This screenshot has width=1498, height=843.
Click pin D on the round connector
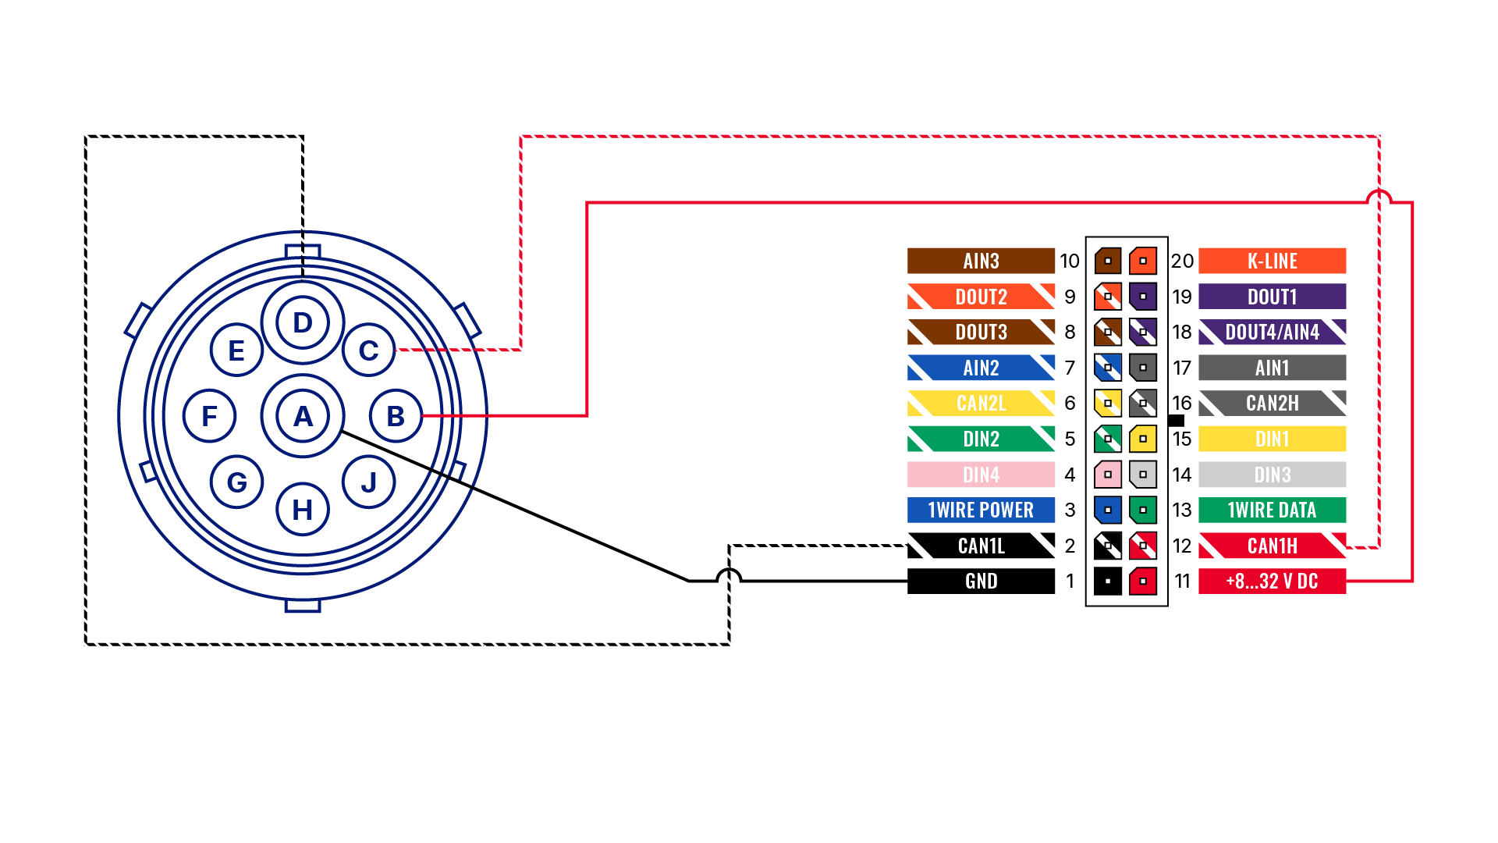pos(303,322)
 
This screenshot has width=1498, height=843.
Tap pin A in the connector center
pos(303,416)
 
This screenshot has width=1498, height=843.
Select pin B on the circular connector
pos(396,416)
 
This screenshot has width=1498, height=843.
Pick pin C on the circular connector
pos(368,350)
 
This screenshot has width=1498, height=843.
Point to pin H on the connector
pos(303,510)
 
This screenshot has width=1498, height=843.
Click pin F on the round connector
pos(209,416)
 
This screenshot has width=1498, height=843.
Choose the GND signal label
pos(981,582)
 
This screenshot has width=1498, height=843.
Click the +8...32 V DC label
pos(1272,582)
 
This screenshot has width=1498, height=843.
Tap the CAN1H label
pos(1272,546)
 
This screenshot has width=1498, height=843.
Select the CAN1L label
pos(981,546)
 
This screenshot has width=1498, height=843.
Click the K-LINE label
pos(1272,261)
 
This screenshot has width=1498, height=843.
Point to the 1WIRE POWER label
pos(981,510)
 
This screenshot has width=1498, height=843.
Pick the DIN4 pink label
pos(981,475)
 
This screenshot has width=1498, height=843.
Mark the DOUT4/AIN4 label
pos(1272,332)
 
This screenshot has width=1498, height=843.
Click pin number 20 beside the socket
pos(1182,261)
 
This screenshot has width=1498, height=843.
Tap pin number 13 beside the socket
pos(1182,510)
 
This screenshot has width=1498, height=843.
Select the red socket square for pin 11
pos(1143,582)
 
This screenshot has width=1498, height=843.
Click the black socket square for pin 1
pos(1108,582)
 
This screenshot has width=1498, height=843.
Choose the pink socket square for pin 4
pos(1108,475)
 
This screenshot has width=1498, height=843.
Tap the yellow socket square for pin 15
pos(1143,439)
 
